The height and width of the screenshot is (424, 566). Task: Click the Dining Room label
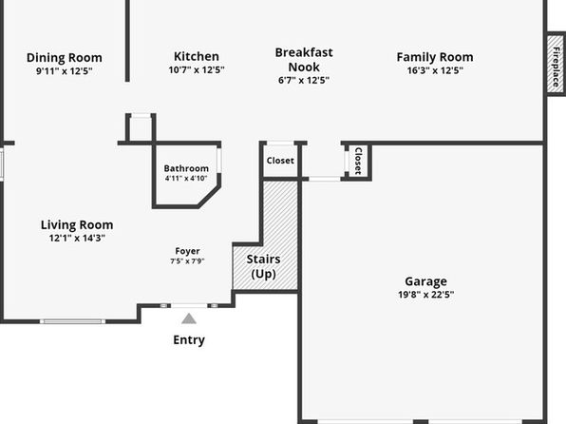click(x=65, y=57)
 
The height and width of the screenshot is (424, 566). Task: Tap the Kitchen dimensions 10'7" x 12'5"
click(x=197, y=69)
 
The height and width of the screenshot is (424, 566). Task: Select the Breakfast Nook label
click(x=304, y=60)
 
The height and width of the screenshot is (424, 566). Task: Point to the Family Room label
click(x=435, y=57)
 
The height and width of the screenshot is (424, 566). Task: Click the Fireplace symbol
click(x=556, y=65)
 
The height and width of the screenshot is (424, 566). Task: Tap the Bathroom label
click(x=186, y=168)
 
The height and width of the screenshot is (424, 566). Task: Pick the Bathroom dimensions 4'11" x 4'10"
click(x=186, y=178)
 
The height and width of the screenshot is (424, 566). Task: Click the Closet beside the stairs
click(x=280, y=161)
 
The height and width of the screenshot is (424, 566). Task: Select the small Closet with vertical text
click(x=358, y=161)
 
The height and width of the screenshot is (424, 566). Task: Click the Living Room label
click(x=77, y=224)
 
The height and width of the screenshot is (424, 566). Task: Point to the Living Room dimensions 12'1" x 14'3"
click(x=77, y=238)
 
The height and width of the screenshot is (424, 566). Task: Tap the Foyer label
click(x=187, y=251)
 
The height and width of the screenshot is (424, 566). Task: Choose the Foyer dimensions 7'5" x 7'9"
click(x=187, y=261)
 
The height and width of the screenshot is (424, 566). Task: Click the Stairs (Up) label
click(x=263, y=266)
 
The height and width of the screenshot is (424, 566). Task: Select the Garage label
click(x=426, y=281)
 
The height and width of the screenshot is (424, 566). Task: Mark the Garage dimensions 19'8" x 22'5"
click(x=426, y=295)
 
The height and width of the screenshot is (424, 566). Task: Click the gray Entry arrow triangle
click(x=189, y=318)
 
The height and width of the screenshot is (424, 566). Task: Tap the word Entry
click(x=189, y=340)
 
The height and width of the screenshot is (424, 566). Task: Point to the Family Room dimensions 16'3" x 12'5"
click(x=435, y=70)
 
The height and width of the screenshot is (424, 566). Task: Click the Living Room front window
click(x=72, y=321)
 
